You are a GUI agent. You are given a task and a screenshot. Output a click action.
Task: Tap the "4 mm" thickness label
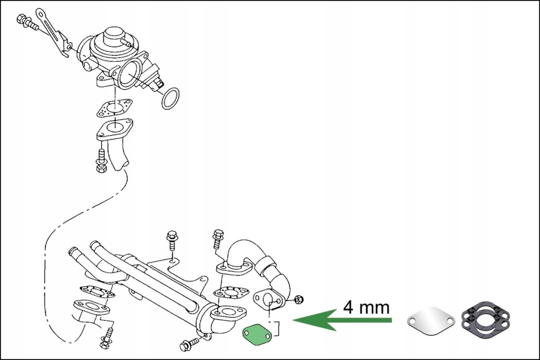click(366, 307)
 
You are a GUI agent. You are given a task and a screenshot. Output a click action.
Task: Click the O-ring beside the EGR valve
click(170, 98)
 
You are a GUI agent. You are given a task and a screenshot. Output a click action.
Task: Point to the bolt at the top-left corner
click(27, 22)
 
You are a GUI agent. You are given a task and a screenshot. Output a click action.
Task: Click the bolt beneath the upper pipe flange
click(101, 161)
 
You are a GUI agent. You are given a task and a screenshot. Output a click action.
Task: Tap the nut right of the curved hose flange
click(299, 299)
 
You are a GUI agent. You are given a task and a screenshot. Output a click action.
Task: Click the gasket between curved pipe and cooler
click(229, 293)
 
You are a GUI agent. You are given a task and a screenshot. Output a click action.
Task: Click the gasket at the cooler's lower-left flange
click(97, 291)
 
